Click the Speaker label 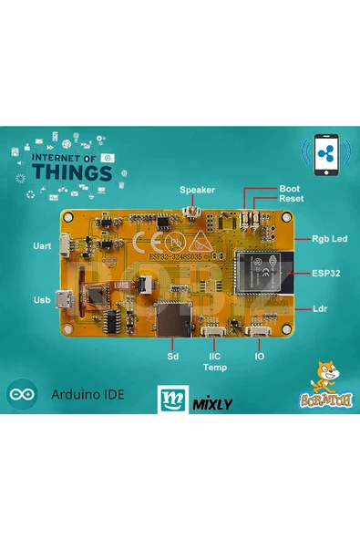(x=197, y=190)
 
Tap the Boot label (x=290, y=187)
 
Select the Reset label (x=292, y=198)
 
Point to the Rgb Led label (x=329, y=239)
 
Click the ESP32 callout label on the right (x=326, y=273)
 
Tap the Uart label (x=40, y=246)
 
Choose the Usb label (x=41, y=299)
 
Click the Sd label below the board (x=171, y=357)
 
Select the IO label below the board (x=260, y=357)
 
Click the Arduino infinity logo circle (x=21, y=396)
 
